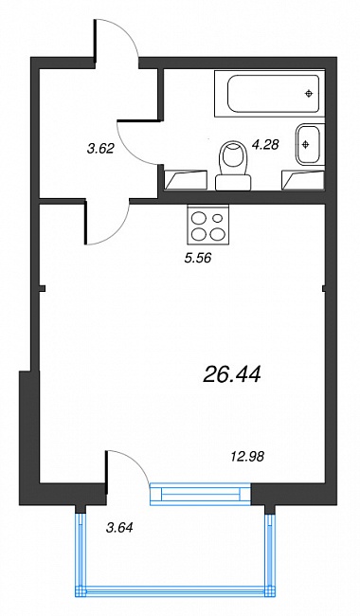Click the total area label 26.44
[232, 373]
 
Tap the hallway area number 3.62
[100, 149]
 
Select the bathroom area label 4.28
[265, 145]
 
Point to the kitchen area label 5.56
[198, 258]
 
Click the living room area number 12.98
[247, 457]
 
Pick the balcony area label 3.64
[119, 528]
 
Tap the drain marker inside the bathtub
[310, 94]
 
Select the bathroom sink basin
[310, 144]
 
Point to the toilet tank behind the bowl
[233, 183]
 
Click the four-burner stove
[208, 226]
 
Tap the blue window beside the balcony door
[200, 494]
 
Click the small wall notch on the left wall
[43, 289]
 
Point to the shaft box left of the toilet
[186, 179]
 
